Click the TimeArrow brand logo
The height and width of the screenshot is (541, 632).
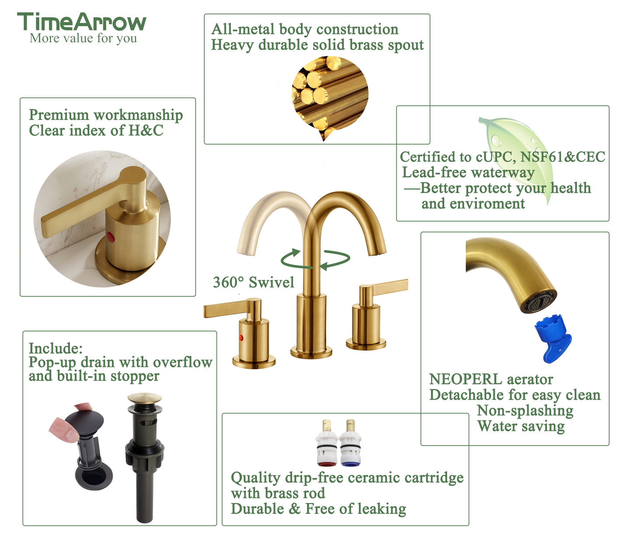coord(82,22)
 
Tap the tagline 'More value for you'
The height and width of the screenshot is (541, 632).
coord(83,38)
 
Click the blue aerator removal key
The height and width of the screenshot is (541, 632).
coord(553,340)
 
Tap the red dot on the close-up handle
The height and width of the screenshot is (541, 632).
coord(110,237)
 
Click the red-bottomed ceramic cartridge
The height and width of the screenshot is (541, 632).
coord(327,443)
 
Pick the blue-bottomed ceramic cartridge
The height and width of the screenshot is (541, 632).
coord(350,443)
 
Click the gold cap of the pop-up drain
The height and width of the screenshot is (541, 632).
coord(145,398)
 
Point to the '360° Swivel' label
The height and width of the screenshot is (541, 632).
coord(254,282)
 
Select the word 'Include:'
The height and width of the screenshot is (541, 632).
coord(56,348)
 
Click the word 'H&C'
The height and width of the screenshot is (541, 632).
coord(146,131)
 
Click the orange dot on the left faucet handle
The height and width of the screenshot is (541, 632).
coord(241,337)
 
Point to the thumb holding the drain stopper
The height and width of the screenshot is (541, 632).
coord(65,429)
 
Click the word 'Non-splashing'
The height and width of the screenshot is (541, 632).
coord(525,411)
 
